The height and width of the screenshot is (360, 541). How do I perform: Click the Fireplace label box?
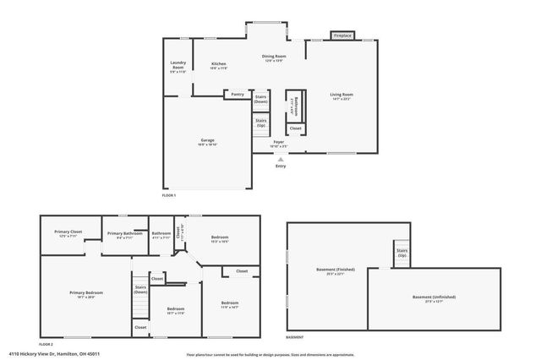click(342, 36)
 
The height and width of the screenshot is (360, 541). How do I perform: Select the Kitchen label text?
click(219, 66)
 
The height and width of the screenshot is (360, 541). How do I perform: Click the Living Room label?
click(342, 95)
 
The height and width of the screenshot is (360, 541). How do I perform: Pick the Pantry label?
click(238, 95)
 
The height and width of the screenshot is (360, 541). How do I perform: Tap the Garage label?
click(207, 141)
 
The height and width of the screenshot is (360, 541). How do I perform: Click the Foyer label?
click(278, 145)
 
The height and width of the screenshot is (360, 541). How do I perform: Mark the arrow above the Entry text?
click(280, 158)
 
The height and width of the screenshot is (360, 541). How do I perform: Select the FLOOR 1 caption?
click(169, 195)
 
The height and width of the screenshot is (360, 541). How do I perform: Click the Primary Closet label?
click(68, 233)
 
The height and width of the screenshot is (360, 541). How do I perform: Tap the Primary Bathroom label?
click(124, 235)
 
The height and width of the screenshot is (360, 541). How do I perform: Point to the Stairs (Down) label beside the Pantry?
click(261, 99)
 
